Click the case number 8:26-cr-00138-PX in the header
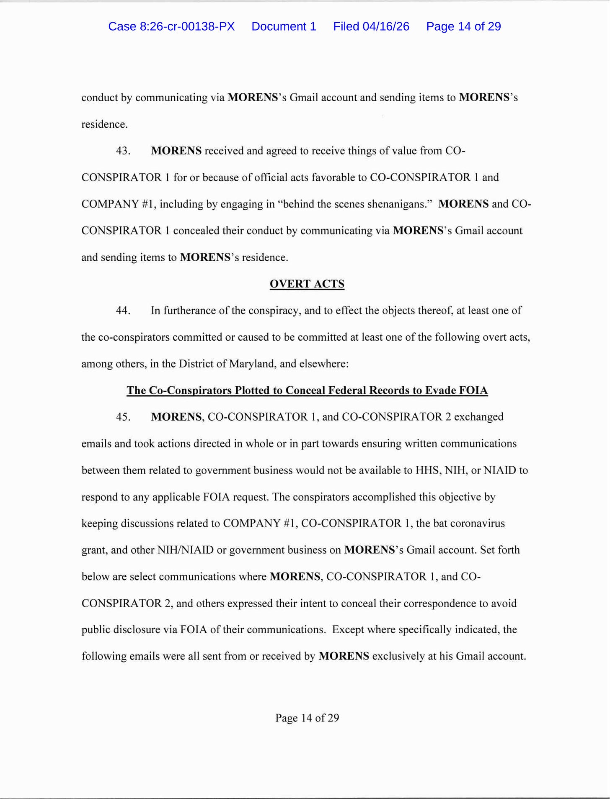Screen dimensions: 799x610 tap(171, 26)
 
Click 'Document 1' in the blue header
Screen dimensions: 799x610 tap(284, 26)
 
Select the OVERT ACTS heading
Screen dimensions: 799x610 tap(307, 284)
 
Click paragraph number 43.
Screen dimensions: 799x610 tap(123, 151)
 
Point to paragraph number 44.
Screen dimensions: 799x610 tap(123, 311)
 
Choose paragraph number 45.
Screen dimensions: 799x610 tap(123, 417)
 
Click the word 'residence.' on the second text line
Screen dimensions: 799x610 tap(104, 124)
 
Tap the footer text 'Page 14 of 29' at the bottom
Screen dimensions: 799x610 tap(307, 718)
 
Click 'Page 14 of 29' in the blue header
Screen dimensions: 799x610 tap(463, 26)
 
